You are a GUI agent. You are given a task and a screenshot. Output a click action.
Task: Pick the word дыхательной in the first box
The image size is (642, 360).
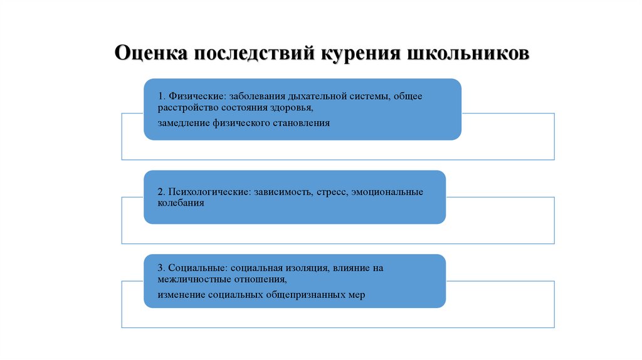315,97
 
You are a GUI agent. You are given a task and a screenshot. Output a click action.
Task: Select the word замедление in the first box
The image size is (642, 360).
183,124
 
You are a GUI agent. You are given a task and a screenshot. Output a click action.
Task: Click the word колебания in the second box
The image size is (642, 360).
181,204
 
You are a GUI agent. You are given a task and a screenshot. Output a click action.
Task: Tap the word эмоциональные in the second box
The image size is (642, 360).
388,192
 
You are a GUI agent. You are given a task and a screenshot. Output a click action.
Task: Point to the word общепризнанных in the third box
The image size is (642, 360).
302,295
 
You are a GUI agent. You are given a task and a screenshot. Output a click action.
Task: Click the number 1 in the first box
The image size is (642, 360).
160,97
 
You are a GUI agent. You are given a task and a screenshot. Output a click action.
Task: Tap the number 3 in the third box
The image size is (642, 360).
160,268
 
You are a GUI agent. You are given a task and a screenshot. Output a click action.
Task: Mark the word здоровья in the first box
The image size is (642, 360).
292,108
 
